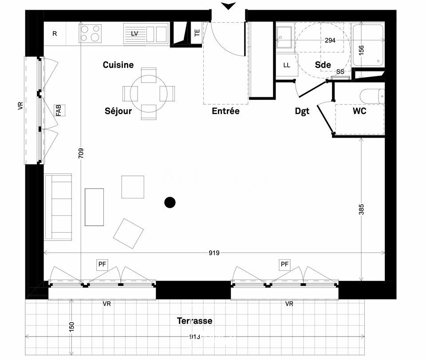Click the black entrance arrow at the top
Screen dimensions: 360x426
229,6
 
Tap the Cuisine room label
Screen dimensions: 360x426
118,65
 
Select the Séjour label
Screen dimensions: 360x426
118,111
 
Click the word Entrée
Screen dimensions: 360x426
225,111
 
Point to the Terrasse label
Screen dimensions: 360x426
194,320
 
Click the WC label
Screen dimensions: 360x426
359,111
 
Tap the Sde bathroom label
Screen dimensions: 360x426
323,65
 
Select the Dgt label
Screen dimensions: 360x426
302,111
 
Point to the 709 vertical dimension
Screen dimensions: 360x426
80,153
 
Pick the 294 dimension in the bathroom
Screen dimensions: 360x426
330,40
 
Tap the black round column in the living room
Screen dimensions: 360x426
170,202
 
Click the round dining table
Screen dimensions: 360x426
149,94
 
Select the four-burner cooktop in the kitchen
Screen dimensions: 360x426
90,33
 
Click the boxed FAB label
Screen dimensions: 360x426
59,110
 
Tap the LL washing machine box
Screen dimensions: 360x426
287,65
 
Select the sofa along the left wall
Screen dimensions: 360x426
58,207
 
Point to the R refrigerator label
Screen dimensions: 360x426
55,33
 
